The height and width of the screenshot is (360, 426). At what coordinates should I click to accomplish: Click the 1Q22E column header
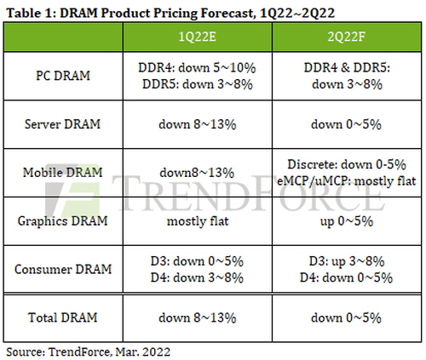198,37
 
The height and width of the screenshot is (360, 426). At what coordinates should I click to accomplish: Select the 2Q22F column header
346,37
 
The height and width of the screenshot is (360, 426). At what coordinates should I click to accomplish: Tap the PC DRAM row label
63,76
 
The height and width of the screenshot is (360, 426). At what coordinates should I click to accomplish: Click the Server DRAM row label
63,124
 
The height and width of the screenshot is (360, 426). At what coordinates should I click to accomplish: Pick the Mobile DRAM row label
63,172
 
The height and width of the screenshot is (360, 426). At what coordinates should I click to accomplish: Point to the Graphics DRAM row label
63,221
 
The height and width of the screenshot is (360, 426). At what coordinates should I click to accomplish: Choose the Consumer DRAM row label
63,269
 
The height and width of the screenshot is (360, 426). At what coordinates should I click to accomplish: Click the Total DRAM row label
63,317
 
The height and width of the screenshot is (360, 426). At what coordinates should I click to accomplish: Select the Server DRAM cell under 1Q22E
198,124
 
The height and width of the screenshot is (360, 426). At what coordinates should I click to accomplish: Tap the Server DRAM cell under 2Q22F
346,124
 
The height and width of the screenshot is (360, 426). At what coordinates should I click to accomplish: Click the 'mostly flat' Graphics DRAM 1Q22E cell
198,221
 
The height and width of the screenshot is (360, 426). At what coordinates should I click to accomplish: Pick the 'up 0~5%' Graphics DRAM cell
347,221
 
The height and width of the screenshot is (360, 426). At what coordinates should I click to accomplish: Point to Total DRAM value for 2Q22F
346,317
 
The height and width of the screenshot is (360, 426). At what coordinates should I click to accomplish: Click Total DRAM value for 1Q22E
198,317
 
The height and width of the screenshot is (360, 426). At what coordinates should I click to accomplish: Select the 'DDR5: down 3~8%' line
198,84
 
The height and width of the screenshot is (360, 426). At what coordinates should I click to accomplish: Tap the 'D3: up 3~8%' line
347,261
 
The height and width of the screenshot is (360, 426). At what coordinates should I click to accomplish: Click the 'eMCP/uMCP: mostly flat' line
347,181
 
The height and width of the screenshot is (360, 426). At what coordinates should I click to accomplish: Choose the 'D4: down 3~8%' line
197,277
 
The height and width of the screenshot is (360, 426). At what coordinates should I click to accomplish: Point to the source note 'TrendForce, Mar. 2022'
109,351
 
